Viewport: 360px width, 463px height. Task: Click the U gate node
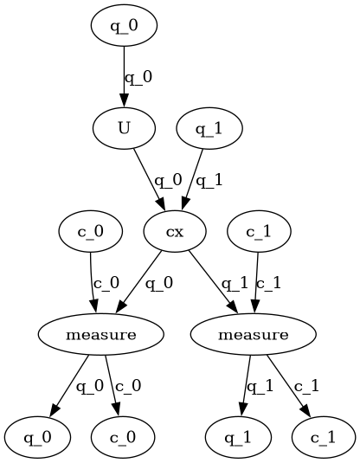point(124,129)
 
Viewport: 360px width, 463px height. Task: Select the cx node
point(175,232)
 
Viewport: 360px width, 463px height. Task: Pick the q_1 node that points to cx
point(209,129)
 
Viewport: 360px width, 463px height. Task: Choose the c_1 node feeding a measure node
point(258,232)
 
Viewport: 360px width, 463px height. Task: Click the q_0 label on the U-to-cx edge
point(168,181)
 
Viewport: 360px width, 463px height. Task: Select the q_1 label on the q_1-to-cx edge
point(211,181)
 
